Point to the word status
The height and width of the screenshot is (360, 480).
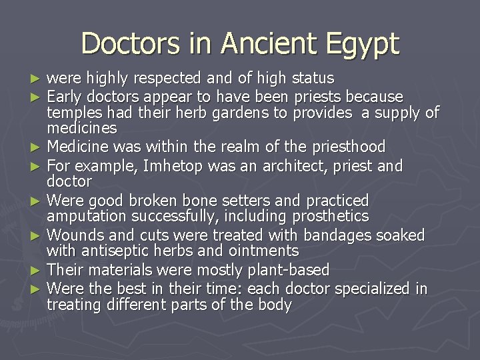click(311, 79)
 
